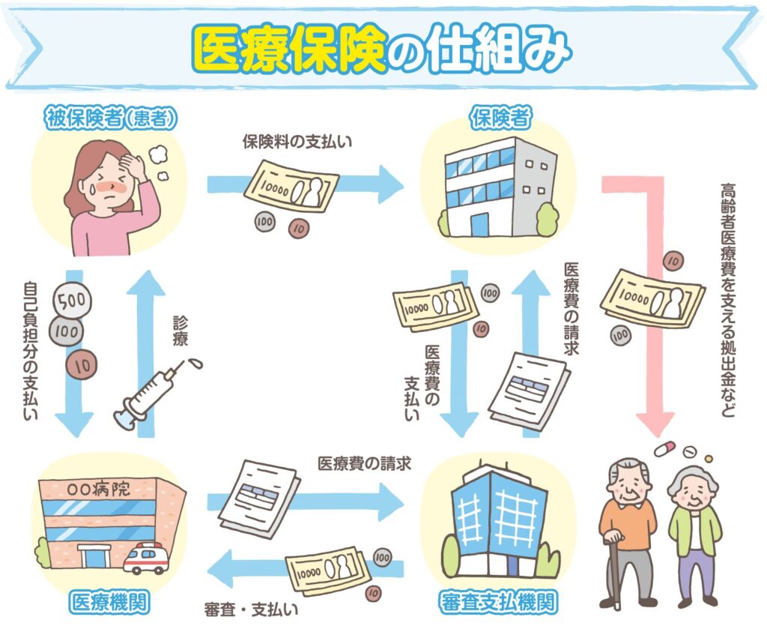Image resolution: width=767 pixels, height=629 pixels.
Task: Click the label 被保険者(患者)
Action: point(113,118)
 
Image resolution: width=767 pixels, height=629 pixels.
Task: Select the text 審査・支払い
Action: point(250,608)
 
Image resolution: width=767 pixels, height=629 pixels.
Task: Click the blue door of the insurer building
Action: point(479,223)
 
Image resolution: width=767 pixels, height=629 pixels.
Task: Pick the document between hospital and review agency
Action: point(258,496)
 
